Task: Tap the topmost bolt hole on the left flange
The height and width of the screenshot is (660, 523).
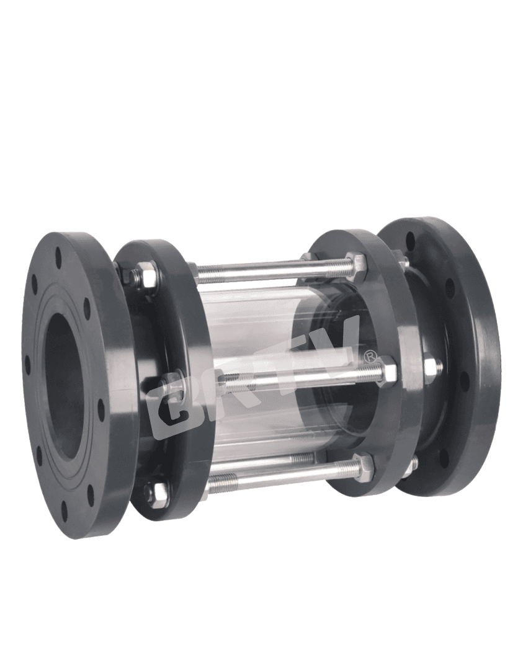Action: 58,257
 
